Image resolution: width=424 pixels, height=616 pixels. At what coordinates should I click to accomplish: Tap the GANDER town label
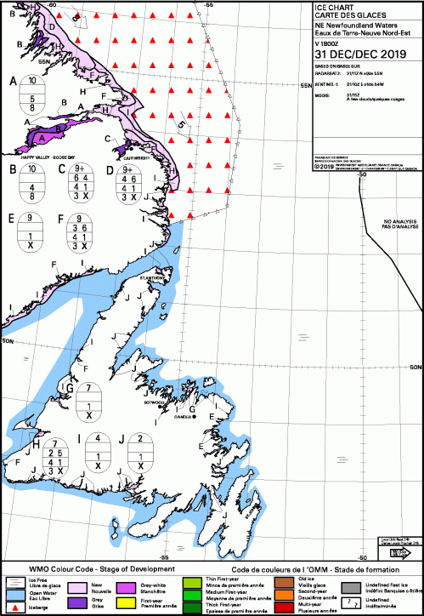click(183, 417)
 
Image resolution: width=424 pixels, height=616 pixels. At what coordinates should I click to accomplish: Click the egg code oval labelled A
click(31, 94)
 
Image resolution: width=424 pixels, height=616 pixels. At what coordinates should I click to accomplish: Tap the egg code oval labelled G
click(89, 401)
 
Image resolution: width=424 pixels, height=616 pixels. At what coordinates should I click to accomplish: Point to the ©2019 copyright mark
click(324, 166)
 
